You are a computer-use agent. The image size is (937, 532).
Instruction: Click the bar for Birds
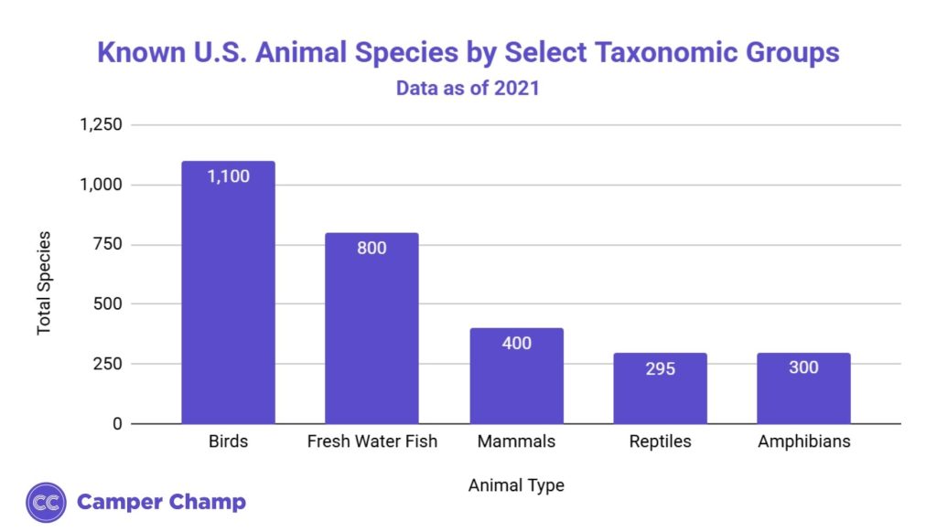(228, 293)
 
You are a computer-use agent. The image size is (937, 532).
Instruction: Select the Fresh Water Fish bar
(372, 328)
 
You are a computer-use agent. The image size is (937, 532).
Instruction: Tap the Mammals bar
(516, 376)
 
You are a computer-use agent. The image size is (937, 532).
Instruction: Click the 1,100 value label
(228, 176)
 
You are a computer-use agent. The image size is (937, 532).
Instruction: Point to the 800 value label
(372, 248)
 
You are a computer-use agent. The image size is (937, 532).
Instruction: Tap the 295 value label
(660, 368)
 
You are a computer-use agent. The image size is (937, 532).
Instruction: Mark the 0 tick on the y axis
(116, 424)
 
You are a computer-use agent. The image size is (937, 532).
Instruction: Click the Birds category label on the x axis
(228, 442)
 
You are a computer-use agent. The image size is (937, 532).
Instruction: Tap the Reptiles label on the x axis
(660, 442)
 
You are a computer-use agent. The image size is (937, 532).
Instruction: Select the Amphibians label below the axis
(803, 442)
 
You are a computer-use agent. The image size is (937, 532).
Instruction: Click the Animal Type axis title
(516, 485)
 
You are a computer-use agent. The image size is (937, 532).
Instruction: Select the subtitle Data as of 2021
(468, 89)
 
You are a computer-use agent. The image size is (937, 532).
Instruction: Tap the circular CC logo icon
(46, 502)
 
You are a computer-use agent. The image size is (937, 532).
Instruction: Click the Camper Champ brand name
(162, 502)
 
